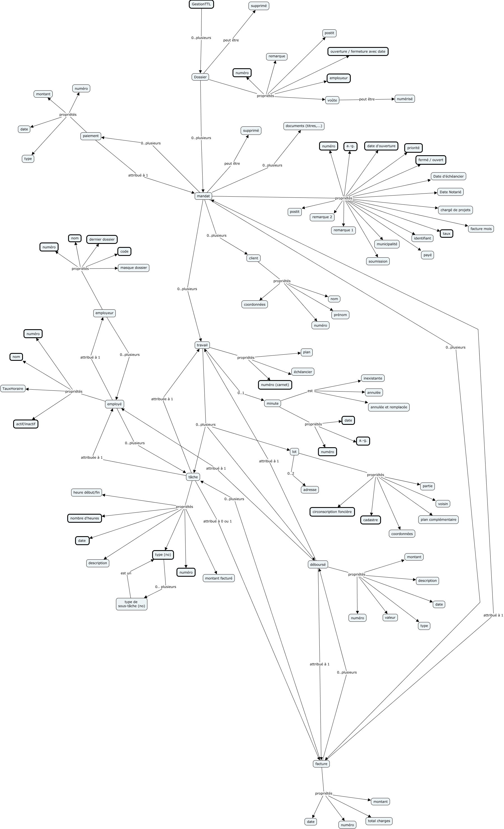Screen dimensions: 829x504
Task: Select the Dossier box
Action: [200, 77]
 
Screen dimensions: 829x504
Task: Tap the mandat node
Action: [203, 196]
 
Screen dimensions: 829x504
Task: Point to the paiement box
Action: [90, 136]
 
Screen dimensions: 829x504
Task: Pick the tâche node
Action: [193, 477]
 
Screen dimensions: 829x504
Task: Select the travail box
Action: [202, 345]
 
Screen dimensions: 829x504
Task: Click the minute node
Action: [272, 403]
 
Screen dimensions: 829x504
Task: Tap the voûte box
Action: [332, 100]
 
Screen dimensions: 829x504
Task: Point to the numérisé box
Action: [404, 99]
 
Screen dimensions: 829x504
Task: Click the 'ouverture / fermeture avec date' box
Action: [357, 51]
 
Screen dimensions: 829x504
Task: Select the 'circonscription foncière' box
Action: [332, 512]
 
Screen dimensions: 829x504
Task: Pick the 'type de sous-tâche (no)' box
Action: [131, 604]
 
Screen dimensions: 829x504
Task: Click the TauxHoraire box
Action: [13, 388]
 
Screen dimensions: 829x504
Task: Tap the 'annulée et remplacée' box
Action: [389, 407]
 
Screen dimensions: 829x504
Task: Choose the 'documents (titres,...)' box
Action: [303, 126]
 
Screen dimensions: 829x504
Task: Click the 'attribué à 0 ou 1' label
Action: [217, 521]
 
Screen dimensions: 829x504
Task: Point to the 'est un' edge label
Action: [126, 573]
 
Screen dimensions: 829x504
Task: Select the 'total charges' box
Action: [379, 821]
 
